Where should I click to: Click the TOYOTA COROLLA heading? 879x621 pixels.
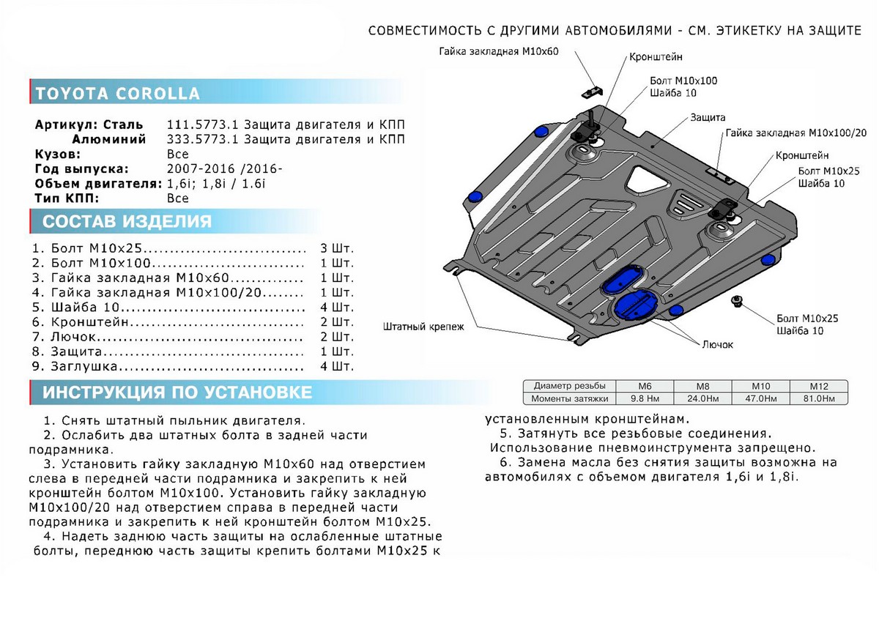[117, 94]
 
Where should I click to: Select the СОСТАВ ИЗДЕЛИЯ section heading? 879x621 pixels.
[127, 222]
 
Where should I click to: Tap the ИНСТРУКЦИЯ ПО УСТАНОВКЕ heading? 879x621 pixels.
[177, 393]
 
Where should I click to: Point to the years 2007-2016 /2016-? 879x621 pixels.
[224, 168]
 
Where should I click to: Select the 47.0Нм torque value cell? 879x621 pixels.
[764, 398]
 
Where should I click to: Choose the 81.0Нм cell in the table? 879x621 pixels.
[819, 398]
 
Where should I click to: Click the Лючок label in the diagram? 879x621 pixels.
[717, 344]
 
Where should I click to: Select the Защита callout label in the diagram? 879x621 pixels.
[707, 117]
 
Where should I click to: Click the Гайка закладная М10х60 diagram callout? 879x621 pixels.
[498, 52]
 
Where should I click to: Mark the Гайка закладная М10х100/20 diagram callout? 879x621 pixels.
[796, 133]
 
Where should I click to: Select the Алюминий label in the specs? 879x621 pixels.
[108, 139]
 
